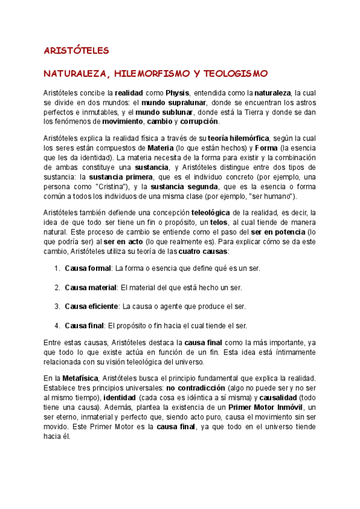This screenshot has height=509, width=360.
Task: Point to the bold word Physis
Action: pyautogui.click(x=178, y=93)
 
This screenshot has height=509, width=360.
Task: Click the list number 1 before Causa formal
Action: pyautogui.click(x=57, y=268)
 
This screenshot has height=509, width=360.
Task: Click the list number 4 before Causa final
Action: pyautogui.click(x=57, y=326)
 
